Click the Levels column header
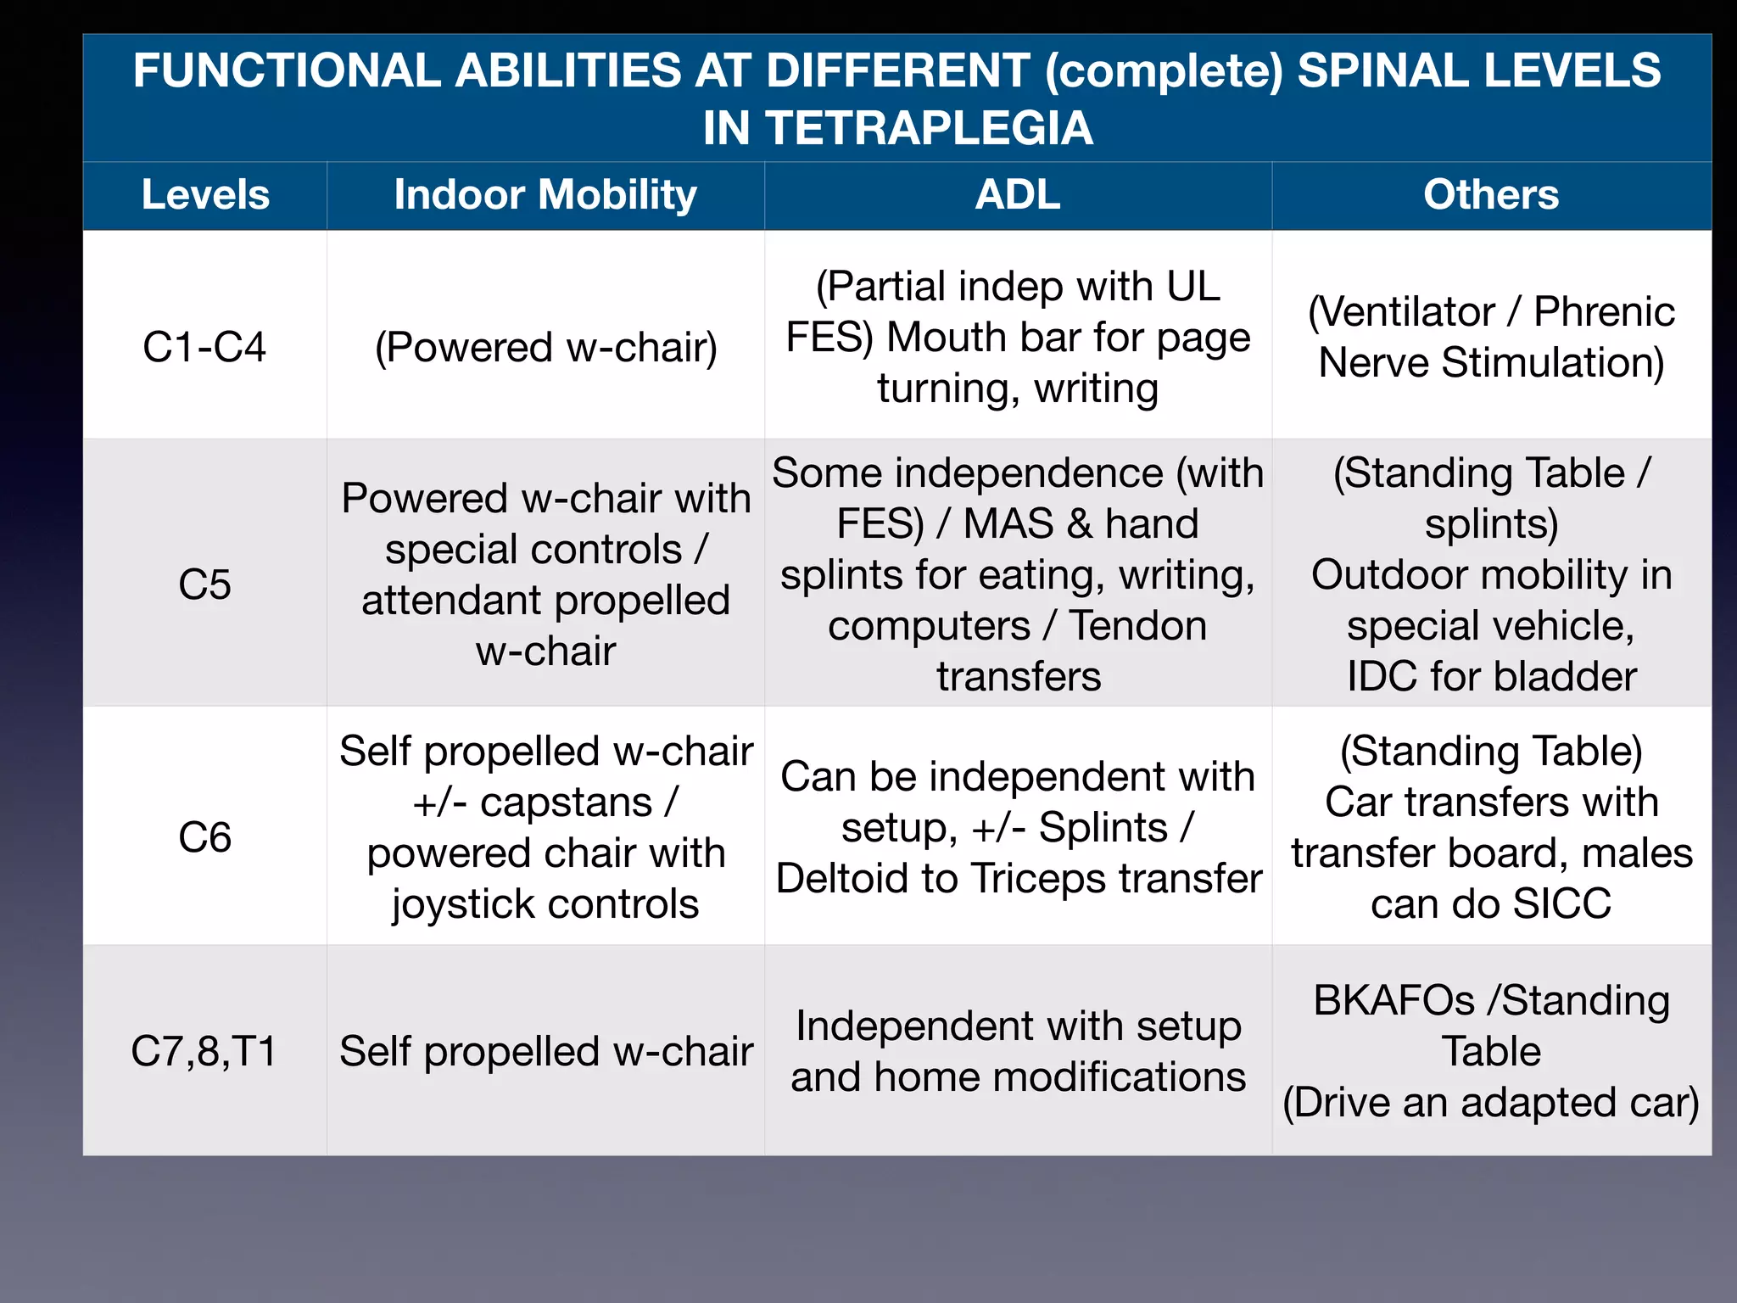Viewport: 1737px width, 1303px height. click(205, 195)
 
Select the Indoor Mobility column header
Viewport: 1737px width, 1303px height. click(545, 195)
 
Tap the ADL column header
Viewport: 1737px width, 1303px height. click(1018, 195)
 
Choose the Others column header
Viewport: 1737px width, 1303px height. click(1491, 195)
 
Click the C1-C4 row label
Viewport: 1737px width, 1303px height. click(204, 347)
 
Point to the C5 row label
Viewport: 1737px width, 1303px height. click(204, 584)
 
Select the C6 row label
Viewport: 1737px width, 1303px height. click(204, 837)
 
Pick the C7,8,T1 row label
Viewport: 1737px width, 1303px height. click(204, 1051)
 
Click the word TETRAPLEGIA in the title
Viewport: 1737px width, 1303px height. click(897, 129)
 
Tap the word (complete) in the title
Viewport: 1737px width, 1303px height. click(1165, 70)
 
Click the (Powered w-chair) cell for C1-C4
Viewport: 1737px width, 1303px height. click(545, 347)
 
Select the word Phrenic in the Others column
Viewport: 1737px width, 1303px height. click(1604, 311)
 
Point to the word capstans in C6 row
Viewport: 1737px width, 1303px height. click(566, 802)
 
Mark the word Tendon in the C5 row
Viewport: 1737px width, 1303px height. click(1137, 626)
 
